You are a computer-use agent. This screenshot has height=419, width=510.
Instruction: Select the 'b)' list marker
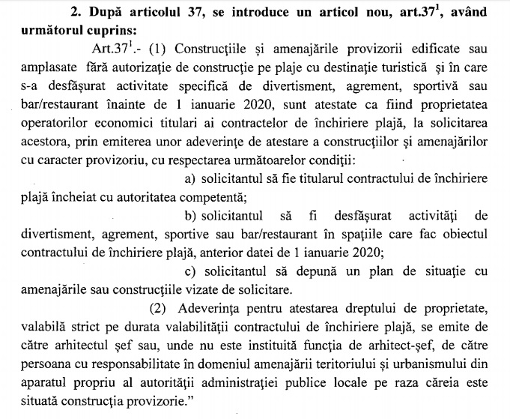(190, 214)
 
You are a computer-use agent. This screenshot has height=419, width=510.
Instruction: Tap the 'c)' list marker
(189, 271)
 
